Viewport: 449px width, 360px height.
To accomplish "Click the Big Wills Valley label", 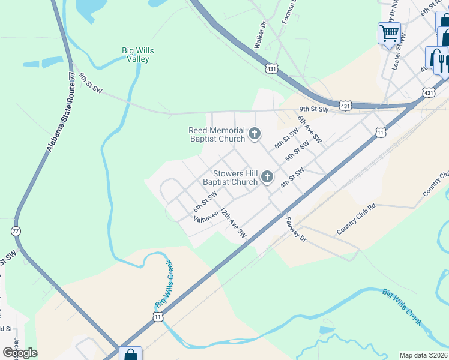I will click(137, 55).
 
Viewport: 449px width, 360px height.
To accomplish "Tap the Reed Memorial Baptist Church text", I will click(217, 134).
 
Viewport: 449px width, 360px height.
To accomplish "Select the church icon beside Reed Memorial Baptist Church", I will click(255, 133).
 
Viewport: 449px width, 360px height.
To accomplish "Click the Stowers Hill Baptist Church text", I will click(230, 178).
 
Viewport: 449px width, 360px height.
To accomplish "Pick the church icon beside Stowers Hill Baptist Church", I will click(267, 177).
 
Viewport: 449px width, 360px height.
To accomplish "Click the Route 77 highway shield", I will click(16, 231).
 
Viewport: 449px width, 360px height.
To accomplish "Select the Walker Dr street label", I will click(260, 36).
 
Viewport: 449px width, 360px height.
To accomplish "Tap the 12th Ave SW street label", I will click(233, 221).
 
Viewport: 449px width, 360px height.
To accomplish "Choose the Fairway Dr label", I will click(296, 229).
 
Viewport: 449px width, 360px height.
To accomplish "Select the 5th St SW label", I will click(298, 150).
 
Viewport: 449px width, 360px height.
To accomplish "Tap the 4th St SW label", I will click(293, 178).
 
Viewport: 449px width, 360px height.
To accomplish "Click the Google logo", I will click(20, 353).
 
